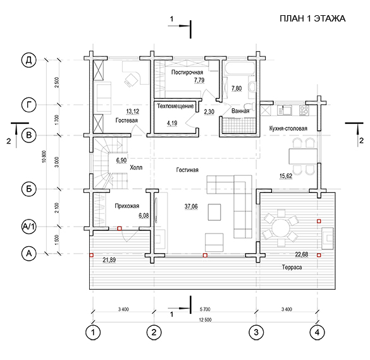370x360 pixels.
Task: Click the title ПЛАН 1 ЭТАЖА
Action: [312, 18]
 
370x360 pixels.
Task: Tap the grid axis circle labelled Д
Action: [29, 60]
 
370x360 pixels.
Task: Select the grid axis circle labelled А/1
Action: [29, 227]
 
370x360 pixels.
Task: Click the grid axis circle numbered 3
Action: [256, 332]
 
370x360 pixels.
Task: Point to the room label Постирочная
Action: [187, 72]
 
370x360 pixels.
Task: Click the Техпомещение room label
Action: [175, 106]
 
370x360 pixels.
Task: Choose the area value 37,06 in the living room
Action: [191, 206]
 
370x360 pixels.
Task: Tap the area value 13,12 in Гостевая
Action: [133, 111]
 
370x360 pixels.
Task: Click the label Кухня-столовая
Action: [288, 128]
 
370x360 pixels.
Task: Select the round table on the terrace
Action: [281, 228]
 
